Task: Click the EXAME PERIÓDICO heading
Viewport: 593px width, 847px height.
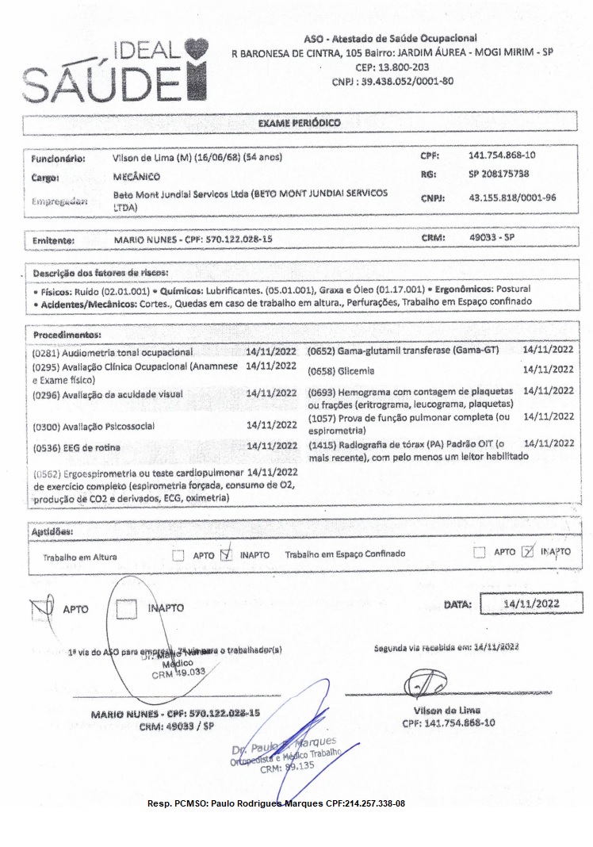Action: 300,125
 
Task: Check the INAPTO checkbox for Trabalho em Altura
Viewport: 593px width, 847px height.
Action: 226,554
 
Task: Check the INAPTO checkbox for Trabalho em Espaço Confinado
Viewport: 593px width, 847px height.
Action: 528,553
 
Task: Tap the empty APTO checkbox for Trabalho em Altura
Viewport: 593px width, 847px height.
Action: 178,554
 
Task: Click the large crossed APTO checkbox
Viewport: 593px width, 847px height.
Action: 40,608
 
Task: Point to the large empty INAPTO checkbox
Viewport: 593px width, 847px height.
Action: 127,608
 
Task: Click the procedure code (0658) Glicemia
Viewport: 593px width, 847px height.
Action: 342,370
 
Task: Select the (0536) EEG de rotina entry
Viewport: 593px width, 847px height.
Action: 77,447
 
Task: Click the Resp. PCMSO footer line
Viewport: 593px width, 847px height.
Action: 276,803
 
